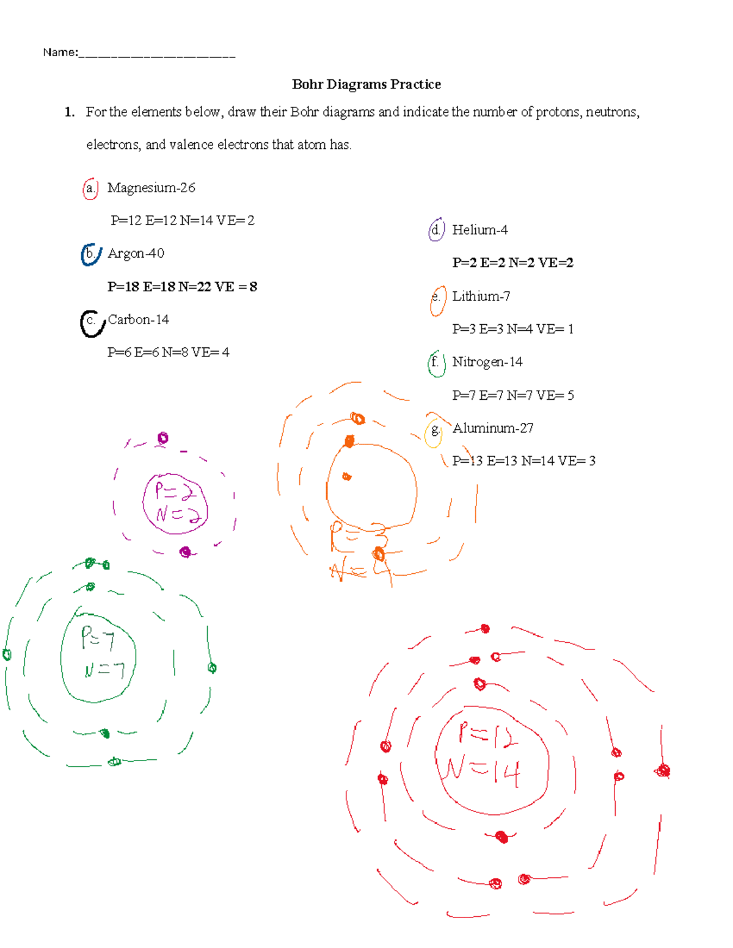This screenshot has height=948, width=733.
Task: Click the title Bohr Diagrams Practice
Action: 366,84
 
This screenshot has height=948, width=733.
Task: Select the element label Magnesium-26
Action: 151,188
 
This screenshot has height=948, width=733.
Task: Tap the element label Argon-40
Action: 136,253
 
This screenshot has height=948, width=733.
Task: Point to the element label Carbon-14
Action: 139,320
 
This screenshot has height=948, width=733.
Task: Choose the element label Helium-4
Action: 480,230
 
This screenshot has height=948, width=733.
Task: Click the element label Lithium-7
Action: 481,297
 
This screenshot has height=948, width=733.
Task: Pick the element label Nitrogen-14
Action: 487,362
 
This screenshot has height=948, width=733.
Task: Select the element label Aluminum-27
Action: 492,429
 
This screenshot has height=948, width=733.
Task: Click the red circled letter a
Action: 90,189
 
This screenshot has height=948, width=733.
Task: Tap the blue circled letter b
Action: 90,254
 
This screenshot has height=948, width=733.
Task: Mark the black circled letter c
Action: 92,322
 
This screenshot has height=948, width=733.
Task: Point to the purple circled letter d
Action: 436,230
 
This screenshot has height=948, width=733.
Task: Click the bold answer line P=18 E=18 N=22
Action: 182,287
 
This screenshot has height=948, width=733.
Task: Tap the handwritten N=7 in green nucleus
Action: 104,670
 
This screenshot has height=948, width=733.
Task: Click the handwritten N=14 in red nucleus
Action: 483,772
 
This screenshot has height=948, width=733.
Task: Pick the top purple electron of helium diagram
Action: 162,438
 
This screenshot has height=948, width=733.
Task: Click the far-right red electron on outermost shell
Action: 663,771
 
